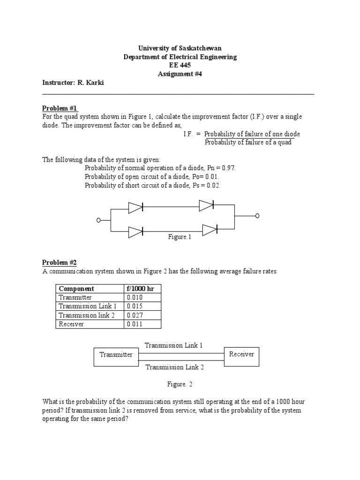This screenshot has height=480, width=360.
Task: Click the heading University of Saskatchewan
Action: (180, 48)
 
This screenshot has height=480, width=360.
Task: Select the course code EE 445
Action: (180, 65)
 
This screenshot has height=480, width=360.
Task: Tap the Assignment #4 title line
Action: (180, 74)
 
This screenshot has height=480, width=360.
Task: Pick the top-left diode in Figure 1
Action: (136, 207)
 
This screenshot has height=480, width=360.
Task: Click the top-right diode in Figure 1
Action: (206, 205)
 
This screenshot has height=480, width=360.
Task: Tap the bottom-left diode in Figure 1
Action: (136, 231)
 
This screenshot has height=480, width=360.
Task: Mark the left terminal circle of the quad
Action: (98, 220)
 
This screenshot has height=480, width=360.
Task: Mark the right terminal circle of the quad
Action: (257, 216)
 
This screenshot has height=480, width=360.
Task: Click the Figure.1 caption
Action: (180, 237)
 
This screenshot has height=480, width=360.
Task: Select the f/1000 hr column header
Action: (140, 289)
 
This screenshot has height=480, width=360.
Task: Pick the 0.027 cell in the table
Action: (135, 315)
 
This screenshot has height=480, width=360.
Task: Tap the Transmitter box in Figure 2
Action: (116, 355)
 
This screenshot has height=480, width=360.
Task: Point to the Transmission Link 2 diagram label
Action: (174, 367)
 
